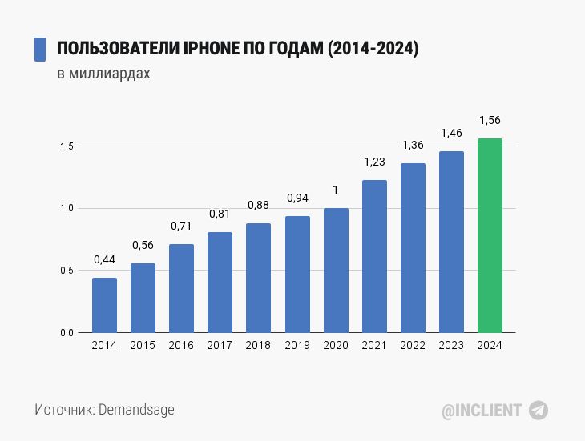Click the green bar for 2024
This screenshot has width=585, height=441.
point(490,235)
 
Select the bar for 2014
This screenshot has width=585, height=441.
point(104,305)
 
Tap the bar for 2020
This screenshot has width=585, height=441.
point(336,270)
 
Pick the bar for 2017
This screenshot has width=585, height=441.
point(220,282)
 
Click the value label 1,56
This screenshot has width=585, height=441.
point(490,120)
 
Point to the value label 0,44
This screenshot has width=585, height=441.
point(104,259)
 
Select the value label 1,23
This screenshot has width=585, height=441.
point(374,162)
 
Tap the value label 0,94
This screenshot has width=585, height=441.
point(297,198)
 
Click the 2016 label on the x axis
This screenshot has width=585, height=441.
point(181,346)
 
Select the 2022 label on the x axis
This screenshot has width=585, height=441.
point(413,346)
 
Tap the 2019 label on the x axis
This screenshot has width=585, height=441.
point(297,346)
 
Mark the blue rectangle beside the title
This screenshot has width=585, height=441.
point(39,50)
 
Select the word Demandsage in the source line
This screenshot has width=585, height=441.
point(136,410)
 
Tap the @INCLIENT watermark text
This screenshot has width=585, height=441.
point(482,411)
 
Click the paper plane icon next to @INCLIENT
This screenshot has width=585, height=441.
point(539,411)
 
